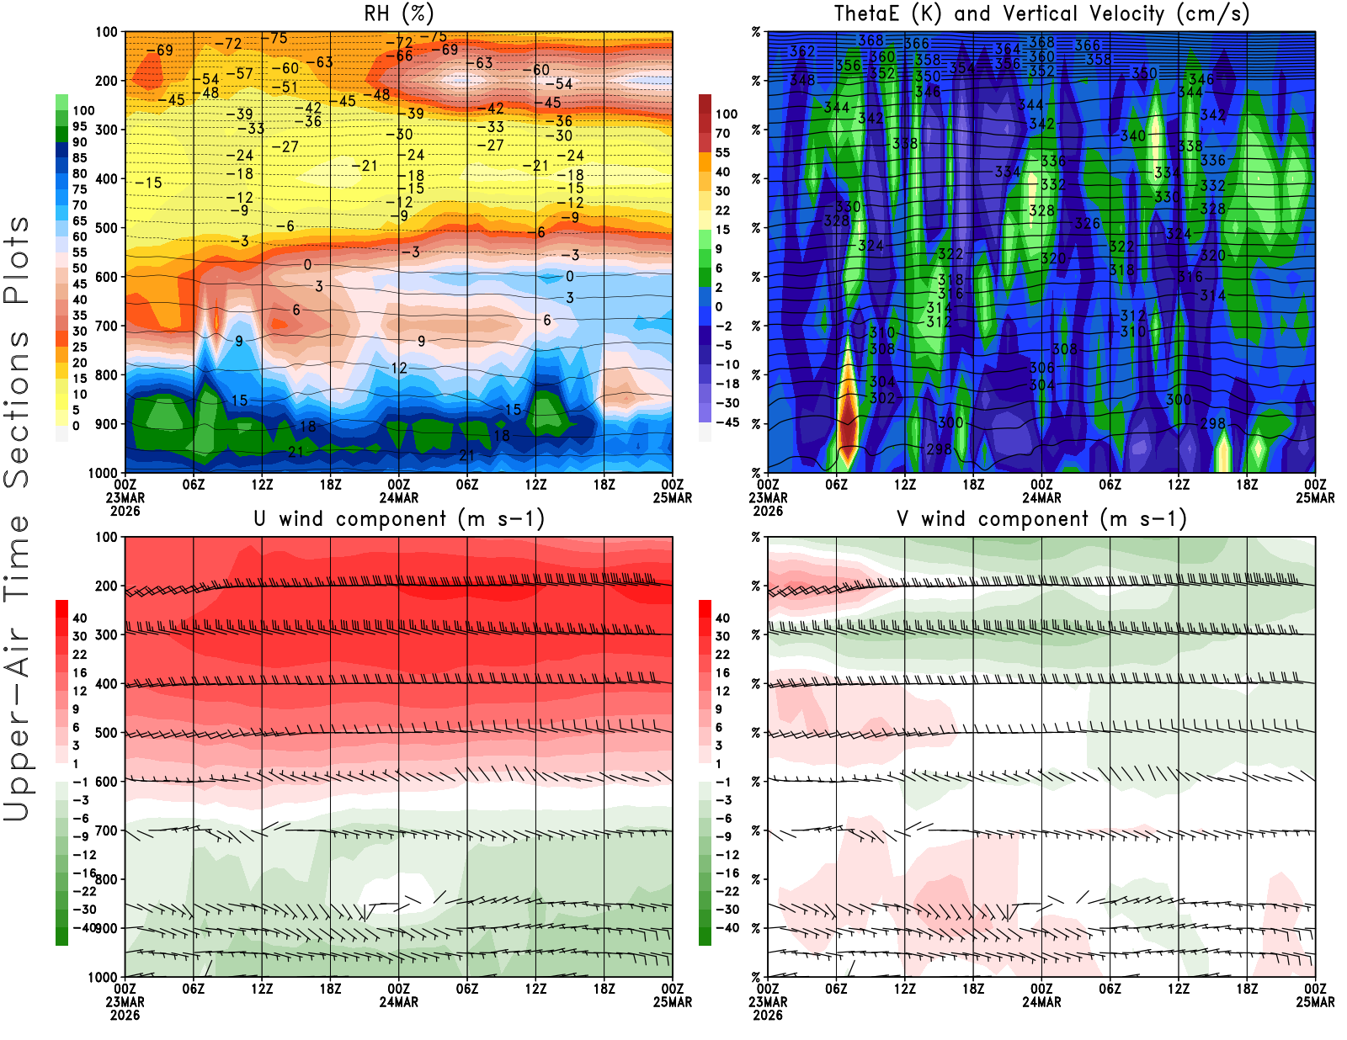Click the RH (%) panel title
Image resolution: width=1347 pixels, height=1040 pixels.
(x=398, y=13)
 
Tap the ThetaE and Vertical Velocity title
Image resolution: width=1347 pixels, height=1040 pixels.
(x=1041, y=13)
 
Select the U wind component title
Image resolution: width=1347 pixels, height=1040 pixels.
(x=398, y=518)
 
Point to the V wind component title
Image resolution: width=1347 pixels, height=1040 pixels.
(x=1041, y=518)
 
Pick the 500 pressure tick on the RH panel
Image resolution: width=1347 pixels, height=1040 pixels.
(x=106, y=228)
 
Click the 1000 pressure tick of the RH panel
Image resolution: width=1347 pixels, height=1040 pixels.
(x=103, y=473)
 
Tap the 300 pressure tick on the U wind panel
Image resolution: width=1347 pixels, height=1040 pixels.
(x=106, y=634)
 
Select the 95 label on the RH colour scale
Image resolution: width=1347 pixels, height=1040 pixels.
(x=80, y=126)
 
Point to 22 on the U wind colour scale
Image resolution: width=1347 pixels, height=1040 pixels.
(x=80, y=655)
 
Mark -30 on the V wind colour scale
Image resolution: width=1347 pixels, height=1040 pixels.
(x=727, y=910)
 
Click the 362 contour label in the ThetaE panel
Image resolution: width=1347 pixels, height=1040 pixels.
(x=801, y=51)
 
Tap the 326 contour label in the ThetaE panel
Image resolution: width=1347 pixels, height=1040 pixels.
(x=1087, y=224)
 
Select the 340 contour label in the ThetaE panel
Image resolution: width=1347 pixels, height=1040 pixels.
(x=1132, y=135)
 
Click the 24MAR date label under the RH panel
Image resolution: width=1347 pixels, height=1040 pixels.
(x=398, y=497)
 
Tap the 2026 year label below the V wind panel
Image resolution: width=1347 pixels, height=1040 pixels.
(x=768, y=1015)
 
